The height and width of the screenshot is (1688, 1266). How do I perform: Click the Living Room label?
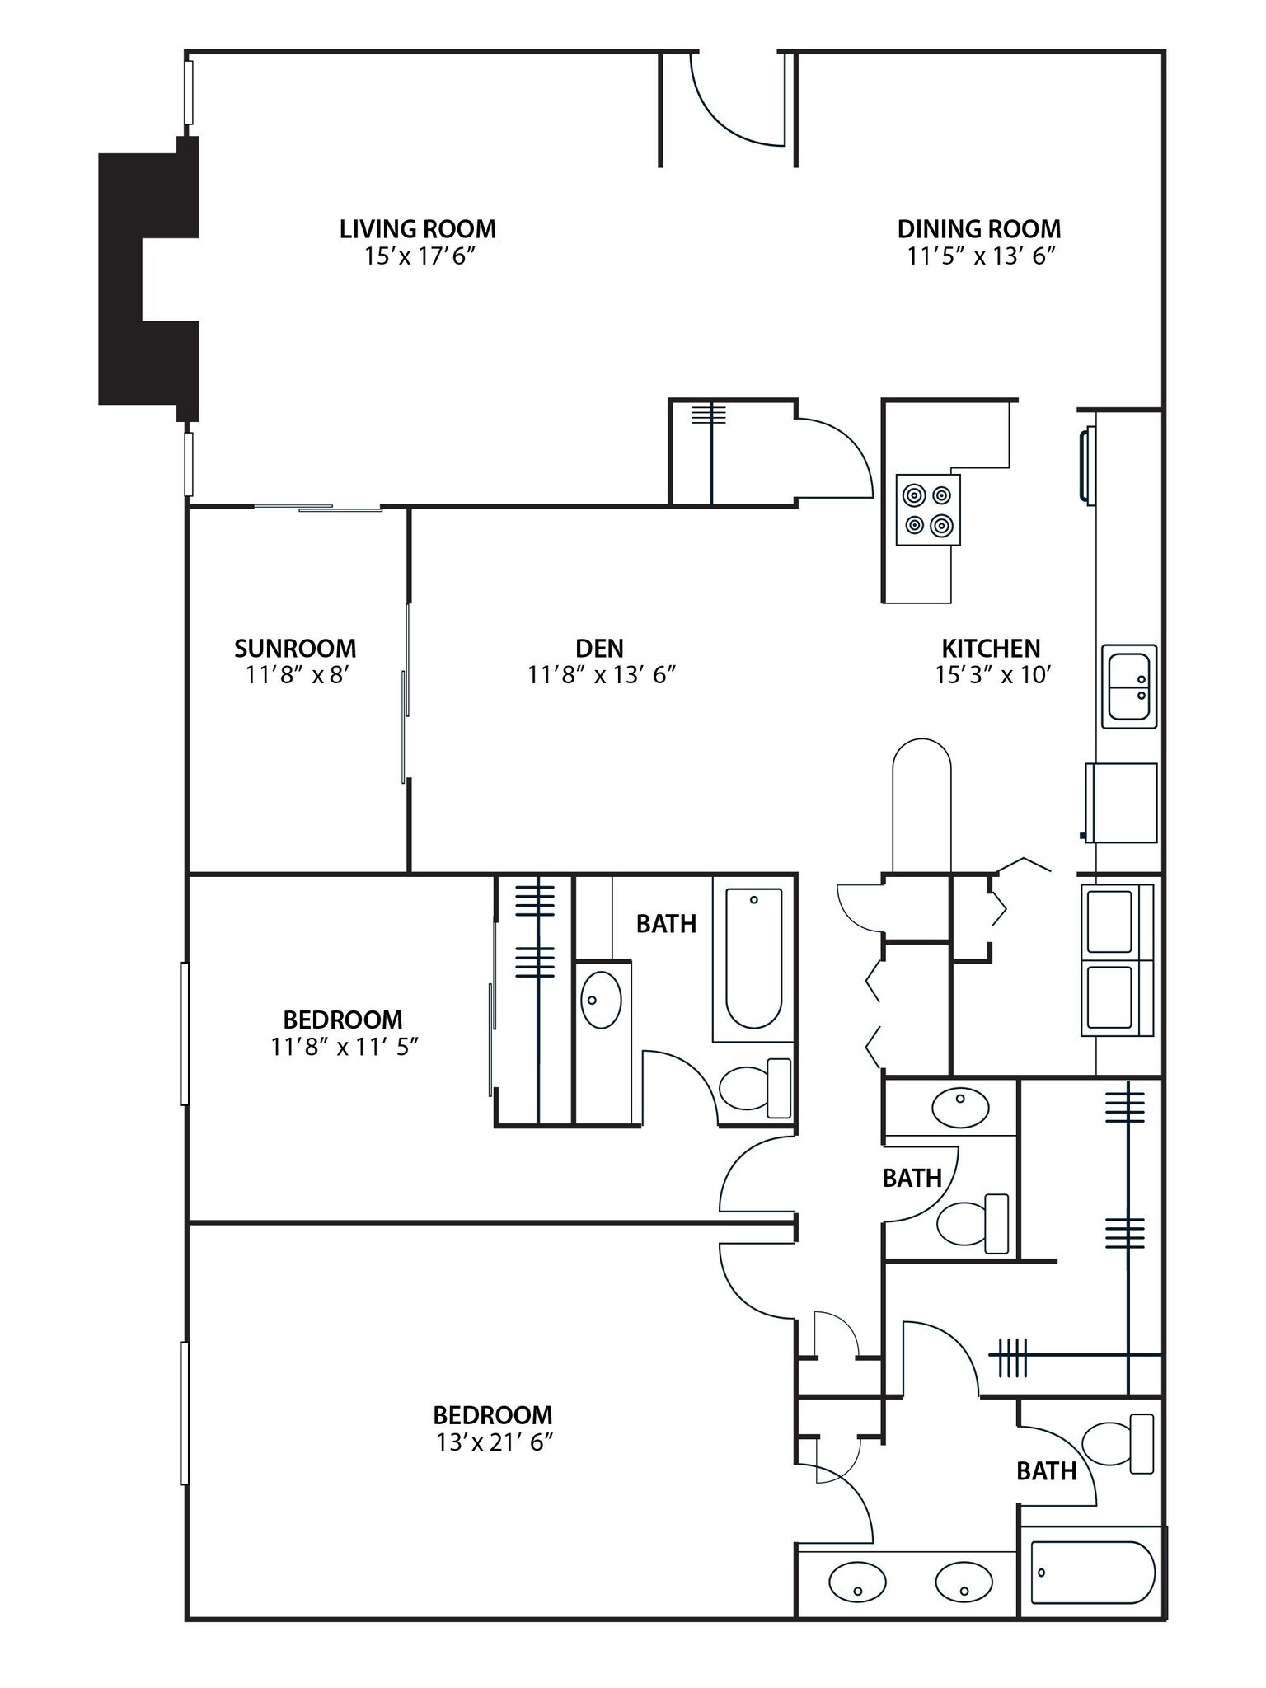418,228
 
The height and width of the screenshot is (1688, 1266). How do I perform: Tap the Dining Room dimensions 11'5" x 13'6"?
981,256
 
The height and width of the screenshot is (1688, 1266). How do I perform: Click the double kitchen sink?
1129,686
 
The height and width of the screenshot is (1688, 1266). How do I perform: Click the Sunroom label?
295,648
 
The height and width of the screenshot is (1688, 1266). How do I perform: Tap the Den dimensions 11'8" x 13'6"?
602,676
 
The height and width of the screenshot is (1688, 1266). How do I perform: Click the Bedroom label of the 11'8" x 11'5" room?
343,1020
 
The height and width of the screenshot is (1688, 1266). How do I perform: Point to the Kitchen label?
991,648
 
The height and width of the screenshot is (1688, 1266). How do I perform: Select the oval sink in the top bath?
602,1000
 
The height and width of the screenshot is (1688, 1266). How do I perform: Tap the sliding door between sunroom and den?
406,692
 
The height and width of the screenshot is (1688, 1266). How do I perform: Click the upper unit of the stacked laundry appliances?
1110,921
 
